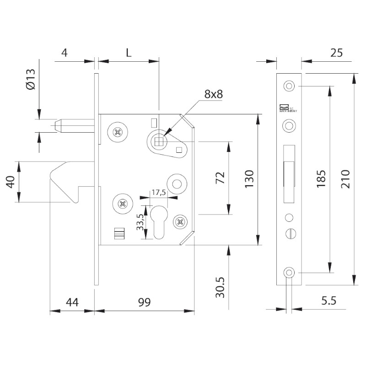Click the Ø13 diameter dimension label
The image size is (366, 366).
tap(30, 80)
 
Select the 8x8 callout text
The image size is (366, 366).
tap(213, 95)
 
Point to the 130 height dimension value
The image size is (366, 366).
tap(249, 179)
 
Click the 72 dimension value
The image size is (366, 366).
tap(220, 178)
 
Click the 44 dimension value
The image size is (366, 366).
tap(72, 302)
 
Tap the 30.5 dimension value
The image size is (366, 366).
tap(220, 286)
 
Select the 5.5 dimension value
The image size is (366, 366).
tap(328, 301)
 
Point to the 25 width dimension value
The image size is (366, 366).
tap(336, 52)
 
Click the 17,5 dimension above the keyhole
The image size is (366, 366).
tap(158, 193)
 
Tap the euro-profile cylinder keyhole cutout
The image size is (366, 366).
tap(159, 222)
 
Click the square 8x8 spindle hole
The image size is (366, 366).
tap(158, 142)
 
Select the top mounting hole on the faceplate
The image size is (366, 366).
tap(288, 86)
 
